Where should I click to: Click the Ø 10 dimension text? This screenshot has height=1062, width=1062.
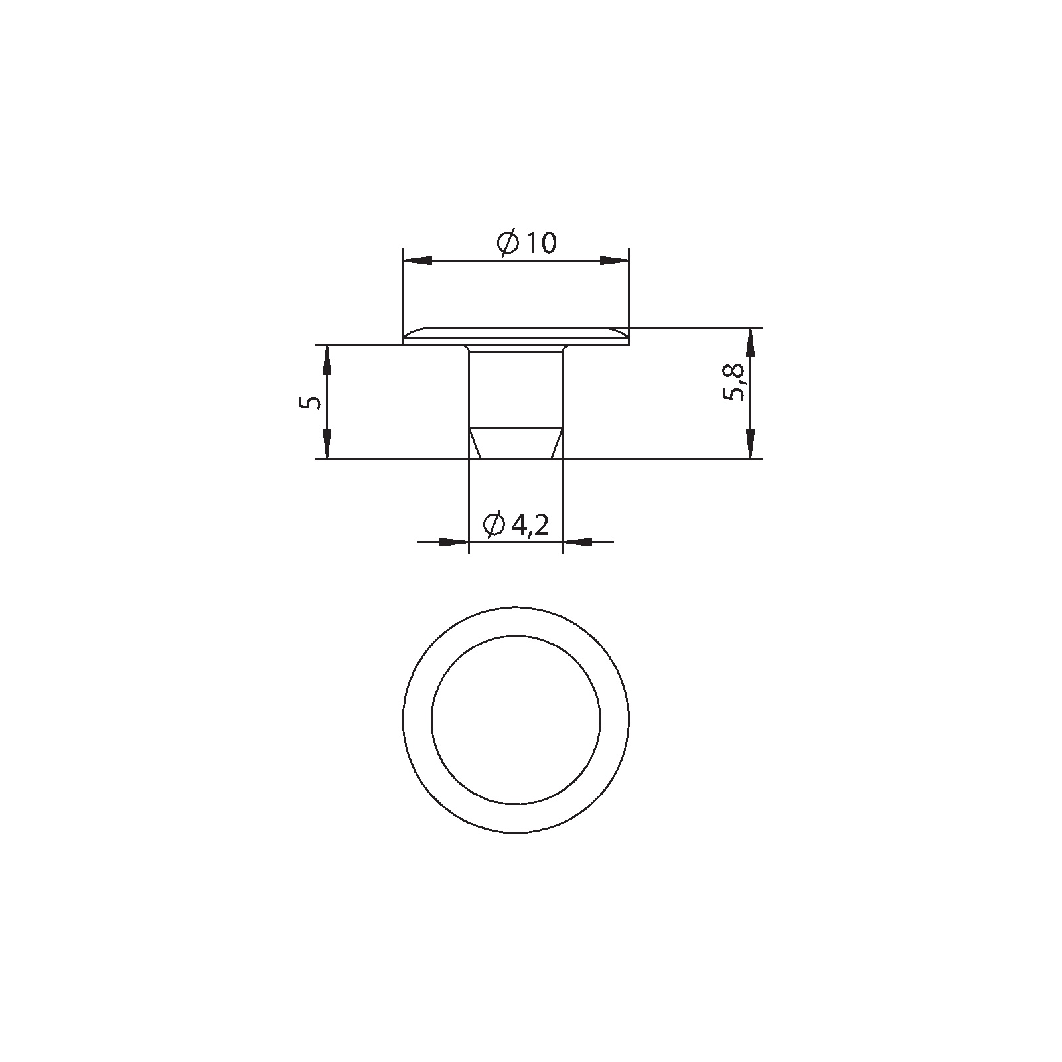click(x=526, y=243)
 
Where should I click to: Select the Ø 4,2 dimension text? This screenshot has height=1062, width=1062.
click(x=516, y=526)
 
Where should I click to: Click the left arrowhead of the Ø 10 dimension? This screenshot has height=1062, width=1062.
click(x=417, y=260)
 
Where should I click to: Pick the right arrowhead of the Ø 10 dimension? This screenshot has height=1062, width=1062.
click(x=614, y=260)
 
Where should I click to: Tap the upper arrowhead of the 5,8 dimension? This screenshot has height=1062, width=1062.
click(x=750, y=341)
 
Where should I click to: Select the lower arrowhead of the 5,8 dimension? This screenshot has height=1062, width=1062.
click(x=750, y=444)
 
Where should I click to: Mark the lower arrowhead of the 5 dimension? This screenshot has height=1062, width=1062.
click(x=327, y=444)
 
